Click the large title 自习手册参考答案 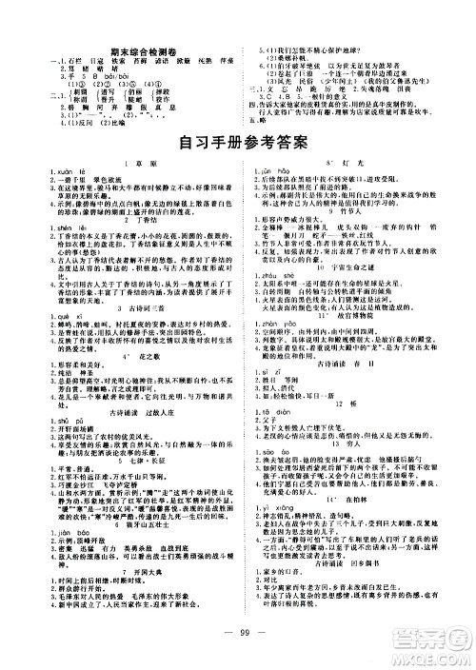[x=239, y=146]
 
